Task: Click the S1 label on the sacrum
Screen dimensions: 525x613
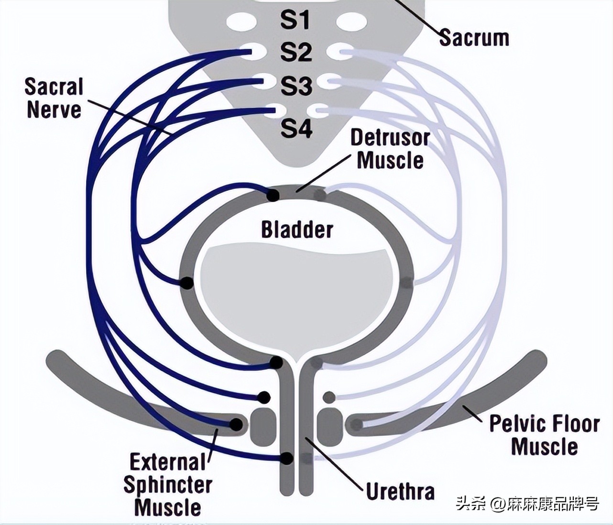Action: click(295, 21)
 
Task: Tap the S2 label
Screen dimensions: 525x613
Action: click(296, 52)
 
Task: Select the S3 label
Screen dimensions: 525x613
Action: click(296, 86)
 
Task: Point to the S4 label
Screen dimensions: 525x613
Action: click(296, 128)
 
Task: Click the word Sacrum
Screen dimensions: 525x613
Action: click(474, 38)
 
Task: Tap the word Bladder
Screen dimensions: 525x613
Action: click(296, 230)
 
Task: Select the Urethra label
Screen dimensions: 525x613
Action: click(400, 491)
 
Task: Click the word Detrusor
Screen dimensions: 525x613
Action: click(390, 138)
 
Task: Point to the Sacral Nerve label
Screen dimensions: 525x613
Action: click(54, 98)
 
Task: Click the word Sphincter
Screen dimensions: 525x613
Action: click(167, 484)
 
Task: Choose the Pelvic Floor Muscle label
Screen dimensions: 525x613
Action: click(544, 435)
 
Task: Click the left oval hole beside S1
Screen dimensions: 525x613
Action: click(242, 22)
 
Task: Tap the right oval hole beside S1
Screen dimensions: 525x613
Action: click(352, 22)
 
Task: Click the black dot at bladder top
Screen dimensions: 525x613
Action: click(273, 195)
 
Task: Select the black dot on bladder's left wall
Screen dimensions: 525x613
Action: click(186, 283)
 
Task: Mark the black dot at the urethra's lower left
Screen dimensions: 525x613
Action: click(286, 458)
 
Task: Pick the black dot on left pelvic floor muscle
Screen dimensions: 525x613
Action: click(236, 424)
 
